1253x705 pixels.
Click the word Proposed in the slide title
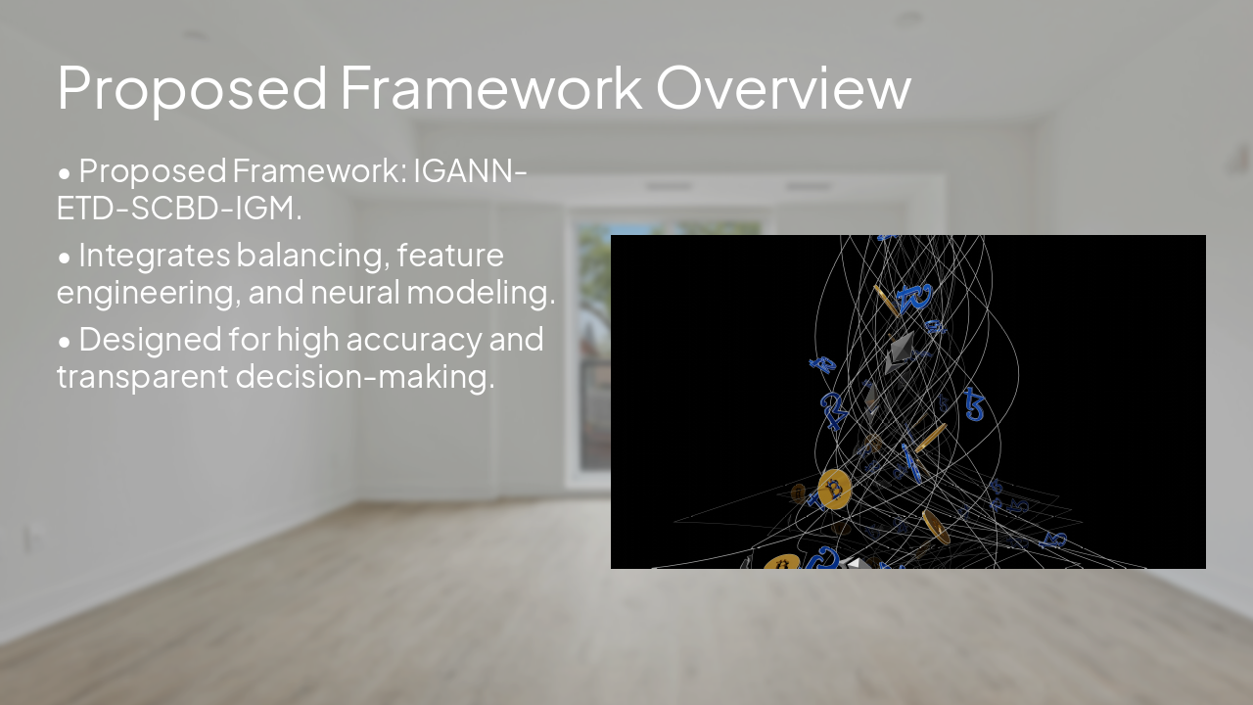(192, 87)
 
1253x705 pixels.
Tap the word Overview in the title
(783, 87)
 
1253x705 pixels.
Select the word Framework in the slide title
(490, 87)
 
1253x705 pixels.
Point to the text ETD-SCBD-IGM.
(178, 208)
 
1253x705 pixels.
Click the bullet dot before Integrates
(65, 258)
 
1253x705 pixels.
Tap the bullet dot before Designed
(65, 342)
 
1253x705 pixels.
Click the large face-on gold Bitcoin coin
(834, 489)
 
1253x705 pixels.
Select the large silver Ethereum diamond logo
(899, 352)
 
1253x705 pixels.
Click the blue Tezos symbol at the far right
(974, 404)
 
